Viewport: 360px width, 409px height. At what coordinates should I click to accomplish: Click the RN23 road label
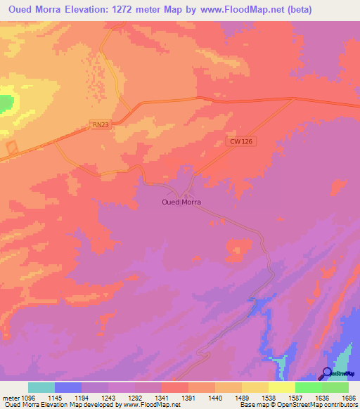pyautogui.click(x=101, y=124)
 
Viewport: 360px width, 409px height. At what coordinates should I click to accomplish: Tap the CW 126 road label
pyautogui.click(x=240, y=141)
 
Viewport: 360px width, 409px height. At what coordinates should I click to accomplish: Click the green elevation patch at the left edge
pyautogui.click(x=6, y=103)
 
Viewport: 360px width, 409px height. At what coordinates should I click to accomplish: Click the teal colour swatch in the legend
pyautogui.click(x=41, y=387)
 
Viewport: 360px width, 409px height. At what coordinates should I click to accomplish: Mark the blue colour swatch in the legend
pyautogui.click(x=68, y=387)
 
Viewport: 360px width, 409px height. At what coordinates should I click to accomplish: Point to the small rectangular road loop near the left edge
pyautogui.click(x=12, y=149)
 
